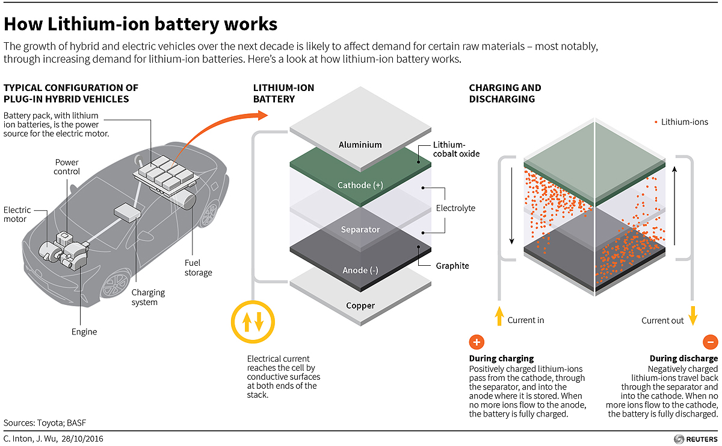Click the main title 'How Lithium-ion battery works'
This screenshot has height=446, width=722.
click(141, 24)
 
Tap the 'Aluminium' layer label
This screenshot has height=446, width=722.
click(360, 145)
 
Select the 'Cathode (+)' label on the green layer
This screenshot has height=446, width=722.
click(360, 185)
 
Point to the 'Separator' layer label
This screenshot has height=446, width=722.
click(360, 230)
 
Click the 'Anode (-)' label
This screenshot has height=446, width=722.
click(360, 270)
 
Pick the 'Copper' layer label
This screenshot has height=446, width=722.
click(360, 306)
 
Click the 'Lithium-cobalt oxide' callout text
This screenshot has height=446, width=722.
click(456, 149)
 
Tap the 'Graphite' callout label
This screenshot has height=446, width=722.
click(452, 266)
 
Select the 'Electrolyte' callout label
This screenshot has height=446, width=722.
click(455, 208)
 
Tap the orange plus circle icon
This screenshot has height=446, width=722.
click(476, 342)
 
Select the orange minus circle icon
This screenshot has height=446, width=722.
click(710, 342)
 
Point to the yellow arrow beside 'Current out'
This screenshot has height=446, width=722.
click(693, 315)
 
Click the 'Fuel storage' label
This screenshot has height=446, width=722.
click(198, 268)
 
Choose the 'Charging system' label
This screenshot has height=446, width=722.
click(148, 297)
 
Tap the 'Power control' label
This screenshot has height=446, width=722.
click(67, 167)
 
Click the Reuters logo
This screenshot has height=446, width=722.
click(695, 439)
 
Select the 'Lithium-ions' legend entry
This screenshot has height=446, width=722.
click(681, 122)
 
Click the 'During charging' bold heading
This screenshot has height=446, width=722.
click(501, 359)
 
